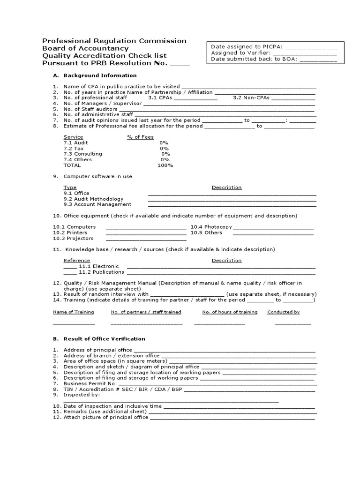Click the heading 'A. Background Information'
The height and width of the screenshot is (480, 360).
tap(95, 75)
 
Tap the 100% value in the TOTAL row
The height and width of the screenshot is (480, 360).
tap(165, 165)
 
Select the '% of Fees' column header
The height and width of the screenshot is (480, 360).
tap(141, 137)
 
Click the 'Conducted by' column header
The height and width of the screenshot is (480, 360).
tap(283, 312)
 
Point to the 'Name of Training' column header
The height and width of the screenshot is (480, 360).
tap(73, 312)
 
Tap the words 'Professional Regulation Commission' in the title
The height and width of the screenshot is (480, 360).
tap(114, 41)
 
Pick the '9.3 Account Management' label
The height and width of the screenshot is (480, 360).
tap(97, 204)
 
